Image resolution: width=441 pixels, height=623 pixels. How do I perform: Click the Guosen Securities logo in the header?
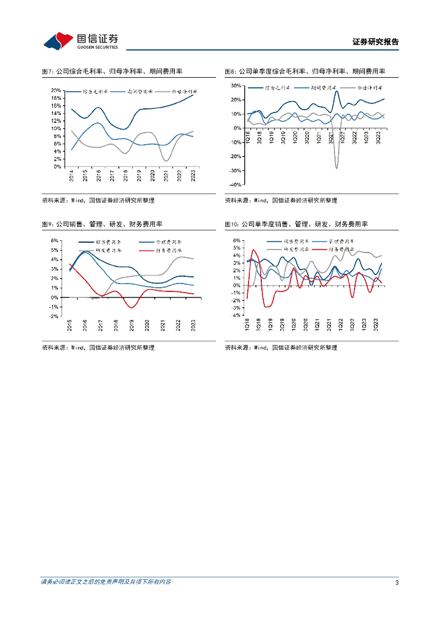pos(80,41)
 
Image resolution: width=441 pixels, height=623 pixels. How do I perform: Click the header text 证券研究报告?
pos(376,42)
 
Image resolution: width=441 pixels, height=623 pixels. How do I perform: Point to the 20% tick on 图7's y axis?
pos(55,90)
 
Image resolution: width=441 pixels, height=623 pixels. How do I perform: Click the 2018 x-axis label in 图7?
pos(125,176)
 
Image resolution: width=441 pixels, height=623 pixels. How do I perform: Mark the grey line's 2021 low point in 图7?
pos(166,161)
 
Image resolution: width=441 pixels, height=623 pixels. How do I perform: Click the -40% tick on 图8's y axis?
pos(235,184)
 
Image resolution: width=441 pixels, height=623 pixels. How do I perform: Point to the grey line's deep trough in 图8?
pos(337,168)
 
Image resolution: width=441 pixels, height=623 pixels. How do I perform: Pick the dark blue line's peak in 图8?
pos(337,92)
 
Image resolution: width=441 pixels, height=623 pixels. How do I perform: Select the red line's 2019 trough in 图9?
pos(133,307)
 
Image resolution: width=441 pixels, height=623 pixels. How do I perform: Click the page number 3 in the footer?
pos(397,583)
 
